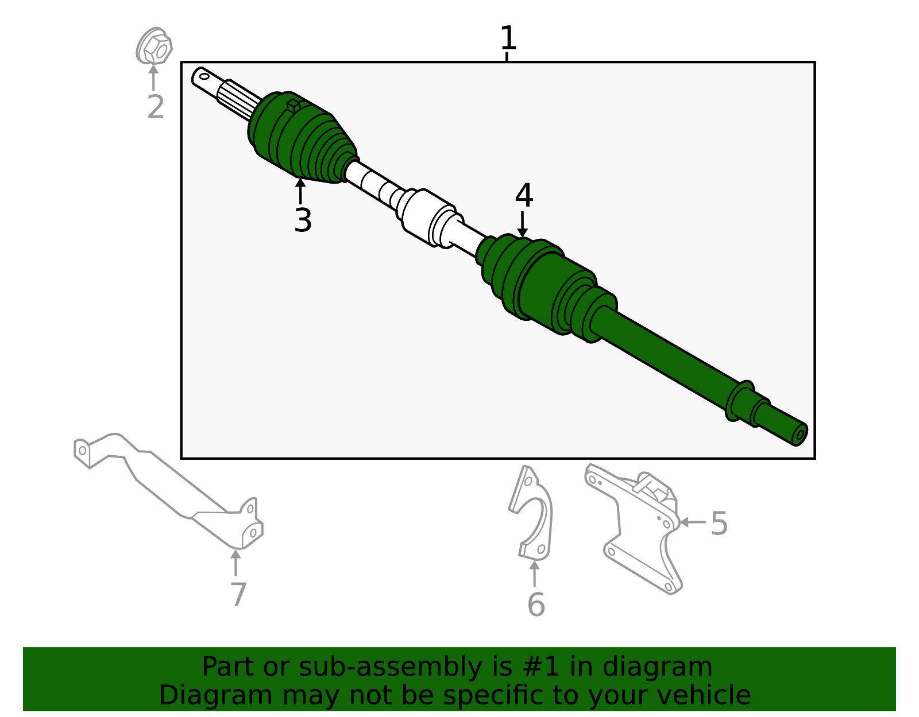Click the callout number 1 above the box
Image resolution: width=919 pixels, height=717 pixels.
[x=508, y=37]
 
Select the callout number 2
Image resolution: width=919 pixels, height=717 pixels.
[x=156, y=107]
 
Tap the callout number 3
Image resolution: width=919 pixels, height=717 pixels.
[x=303, y=220]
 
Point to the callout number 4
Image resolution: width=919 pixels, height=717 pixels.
[x=524, y=195]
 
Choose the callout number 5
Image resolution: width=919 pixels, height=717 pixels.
[x=719, y=524]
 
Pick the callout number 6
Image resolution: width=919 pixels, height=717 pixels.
[x=536, y=604]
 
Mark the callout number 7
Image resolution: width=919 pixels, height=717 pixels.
[x=238, y=594]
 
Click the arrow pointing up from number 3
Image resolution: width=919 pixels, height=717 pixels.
[x=300, y=191]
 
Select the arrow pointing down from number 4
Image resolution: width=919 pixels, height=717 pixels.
[x=523, y=224]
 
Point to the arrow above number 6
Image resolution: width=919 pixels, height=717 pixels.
[x=535, y=573]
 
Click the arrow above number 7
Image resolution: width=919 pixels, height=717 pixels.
[x=235, y=563]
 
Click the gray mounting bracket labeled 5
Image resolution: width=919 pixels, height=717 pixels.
[x=633, y=528]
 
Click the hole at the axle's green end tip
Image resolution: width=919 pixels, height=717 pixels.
[x=800, y=435]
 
